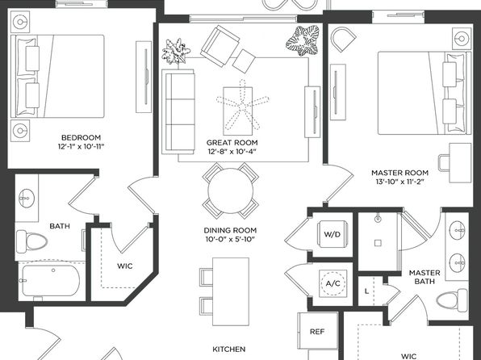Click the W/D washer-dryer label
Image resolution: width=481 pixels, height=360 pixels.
click(x=333, y=234)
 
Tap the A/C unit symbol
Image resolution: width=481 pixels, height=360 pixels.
click(x=333, y=283)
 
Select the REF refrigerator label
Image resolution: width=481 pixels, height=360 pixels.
click(x=317, y=332)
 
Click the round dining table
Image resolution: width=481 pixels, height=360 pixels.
click(x=230, y=190)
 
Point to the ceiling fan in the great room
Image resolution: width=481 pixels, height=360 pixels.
click(x=242, y=105)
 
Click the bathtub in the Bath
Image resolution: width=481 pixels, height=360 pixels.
click(x=51, y=281)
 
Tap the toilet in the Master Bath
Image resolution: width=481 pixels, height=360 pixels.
click(x=452, y=299)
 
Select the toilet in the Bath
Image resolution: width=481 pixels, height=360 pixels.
click(x=31, y=241)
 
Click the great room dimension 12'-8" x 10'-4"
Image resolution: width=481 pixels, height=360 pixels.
click(x=232, y=151)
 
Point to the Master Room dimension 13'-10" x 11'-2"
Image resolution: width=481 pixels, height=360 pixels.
click(x=399, y=182)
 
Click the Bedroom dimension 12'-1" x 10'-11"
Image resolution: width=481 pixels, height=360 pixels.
click(x=81, y=146)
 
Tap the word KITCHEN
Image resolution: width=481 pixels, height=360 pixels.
click(x=229, y=349)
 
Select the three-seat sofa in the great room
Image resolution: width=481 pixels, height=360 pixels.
click(x=178, y=111)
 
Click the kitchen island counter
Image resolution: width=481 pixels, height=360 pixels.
click(x=231, y=291)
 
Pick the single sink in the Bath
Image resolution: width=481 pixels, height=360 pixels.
click(x=27, y=199)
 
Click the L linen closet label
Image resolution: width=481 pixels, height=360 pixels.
click(x=366, y=291)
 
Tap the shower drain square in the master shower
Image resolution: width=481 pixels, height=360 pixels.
click(x=378, y=243)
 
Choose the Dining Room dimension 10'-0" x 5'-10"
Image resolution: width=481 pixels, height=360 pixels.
click(x=230, y=239)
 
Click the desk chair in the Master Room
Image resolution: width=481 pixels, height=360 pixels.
click(x=444, y=163)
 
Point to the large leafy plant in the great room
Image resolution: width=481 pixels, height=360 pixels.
click(x=303, y=41)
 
